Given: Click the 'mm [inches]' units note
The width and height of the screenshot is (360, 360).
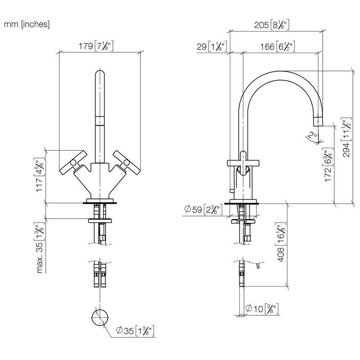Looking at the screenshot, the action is [27, 24].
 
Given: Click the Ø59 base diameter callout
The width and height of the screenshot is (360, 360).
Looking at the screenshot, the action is [203, 209].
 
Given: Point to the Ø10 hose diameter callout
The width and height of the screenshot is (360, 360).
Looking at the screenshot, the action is [262, 308].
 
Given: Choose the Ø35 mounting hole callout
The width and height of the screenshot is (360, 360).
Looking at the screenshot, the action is [135, 331].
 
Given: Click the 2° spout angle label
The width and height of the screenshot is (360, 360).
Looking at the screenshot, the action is [313, 135].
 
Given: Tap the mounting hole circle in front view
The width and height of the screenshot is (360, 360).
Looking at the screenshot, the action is [100, 318].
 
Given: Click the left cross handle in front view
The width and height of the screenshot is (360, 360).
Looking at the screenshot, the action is [73, 162].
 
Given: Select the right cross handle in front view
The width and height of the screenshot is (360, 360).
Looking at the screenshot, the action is [126, 162].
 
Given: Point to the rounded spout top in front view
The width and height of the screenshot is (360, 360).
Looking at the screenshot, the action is [100, 76].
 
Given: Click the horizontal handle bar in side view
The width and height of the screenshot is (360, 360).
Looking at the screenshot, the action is [243, 163].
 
